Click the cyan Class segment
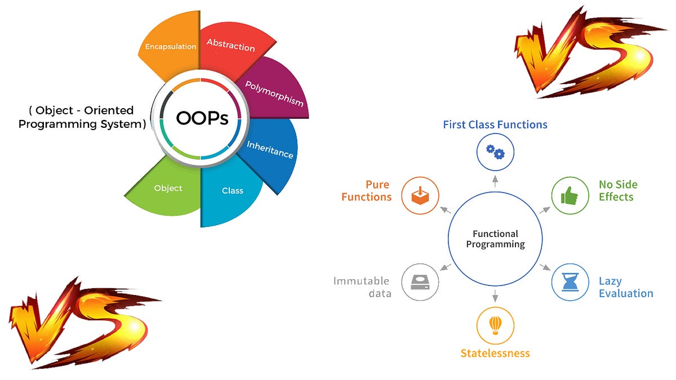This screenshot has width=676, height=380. coord(232,191)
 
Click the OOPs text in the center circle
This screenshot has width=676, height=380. coord(202,118)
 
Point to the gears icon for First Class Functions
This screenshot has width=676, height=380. coord(495,151)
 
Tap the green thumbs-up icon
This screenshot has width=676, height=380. coord(570,195)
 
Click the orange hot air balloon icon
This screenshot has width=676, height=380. coord(495,325)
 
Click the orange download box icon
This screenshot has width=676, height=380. coord(420,195)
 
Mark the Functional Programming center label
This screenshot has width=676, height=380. coord(495,239)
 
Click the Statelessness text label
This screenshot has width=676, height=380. coord(495,354)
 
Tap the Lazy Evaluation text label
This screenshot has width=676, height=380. coord(625,287)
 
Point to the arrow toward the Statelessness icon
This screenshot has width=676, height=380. coord(495,295)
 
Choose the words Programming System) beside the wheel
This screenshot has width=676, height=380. coord(82,124)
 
